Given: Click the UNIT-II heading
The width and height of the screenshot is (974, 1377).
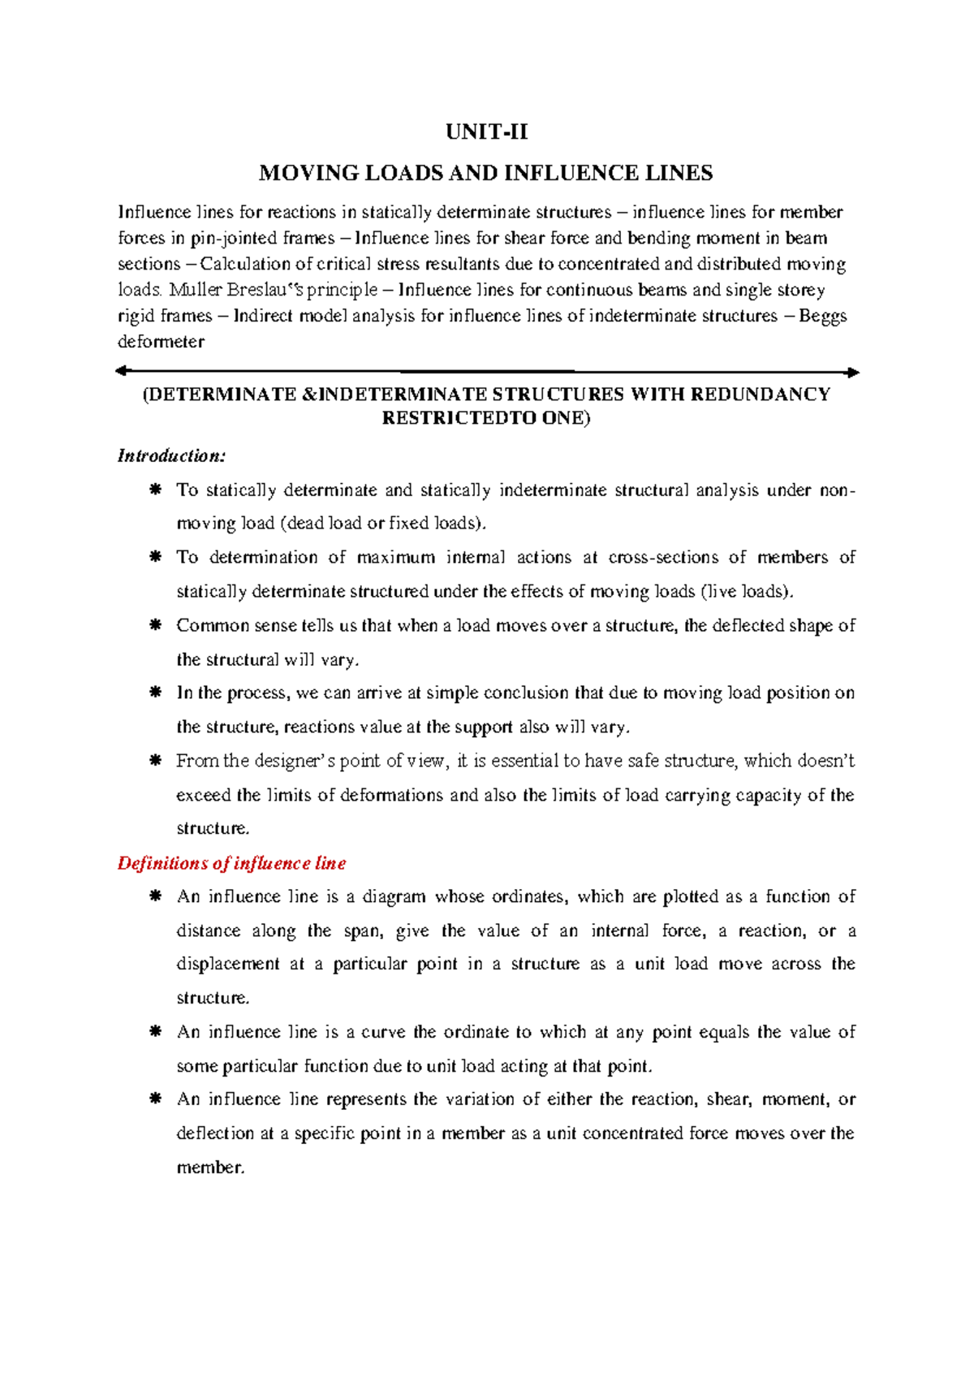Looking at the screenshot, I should coord(486,132).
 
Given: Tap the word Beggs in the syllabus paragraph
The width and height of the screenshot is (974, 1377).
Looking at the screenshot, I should coord(822,316).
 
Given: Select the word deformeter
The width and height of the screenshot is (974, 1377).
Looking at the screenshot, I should coord(161,342).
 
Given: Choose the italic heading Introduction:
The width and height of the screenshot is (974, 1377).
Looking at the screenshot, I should coord(171,456).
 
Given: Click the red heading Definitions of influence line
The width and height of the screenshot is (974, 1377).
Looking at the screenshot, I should coord(232,863).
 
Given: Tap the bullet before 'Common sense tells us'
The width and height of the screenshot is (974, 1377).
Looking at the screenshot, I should coord(154,626).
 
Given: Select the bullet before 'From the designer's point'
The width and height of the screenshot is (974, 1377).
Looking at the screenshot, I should coord(154,762).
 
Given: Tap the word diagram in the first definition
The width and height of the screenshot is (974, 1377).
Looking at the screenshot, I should coord(393,897).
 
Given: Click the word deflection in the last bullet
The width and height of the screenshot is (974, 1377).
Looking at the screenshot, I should coord(215,1133).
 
